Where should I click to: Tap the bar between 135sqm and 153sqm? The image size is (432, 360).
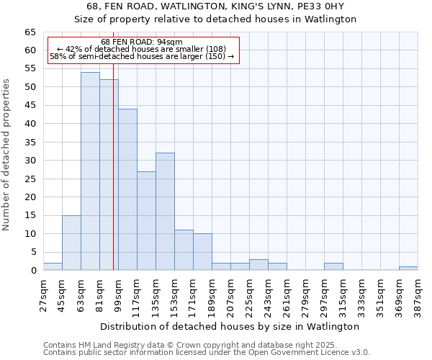tap(165, 212)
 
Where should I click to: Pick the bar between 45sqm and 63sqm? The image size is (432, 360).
tap(71, 243)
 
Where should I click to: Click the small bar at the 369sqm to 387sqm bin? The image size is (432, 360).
tap(408, 268)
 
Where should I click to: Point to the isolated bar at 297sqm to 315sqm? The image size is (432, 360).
tap(333, 266)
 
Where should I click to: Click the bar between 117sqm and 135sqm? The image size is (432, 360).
tap(146, 220)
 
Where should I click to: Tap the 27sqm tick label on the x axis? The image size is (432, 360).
tap(43, 293)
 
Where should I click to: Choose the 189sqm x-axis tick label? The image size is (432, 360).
tap(212, 293)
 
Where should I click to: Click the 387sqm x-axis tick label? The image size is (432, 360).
tap(418, 293)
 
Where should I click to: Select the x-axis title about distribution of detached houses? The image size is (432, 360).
tap(230, 326)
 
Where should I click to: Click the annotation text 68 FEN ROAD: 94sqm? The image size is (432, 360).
tap(142, 42)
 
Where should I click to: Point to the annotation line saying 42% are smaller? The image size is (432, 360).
tap(142, 49)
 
